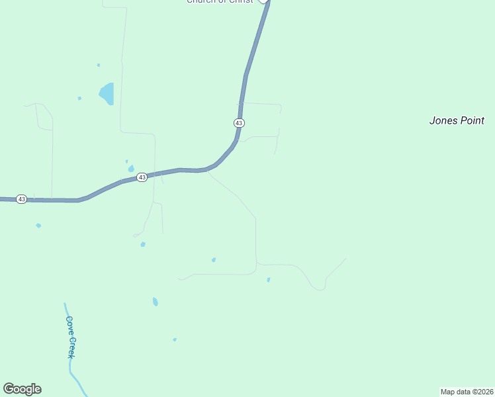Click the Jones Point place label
457,120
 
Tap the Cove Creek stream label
70,337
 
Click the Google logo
22,389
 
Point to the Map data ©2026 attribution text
467,391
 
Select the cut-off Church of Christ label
220,2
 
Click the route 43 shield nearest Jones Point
239,123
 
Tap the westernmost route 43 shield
21,198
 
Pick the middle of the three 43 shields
142,177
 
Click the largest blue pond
107,93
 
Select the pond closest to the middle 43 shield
131,168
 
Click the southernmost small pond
175,339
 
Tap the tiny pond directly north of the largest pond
99,65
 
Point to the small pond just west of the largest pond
79,99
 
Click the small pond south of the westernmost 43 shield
38,226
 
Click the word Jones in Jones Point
443,120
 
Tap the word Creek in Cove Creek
71,346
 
